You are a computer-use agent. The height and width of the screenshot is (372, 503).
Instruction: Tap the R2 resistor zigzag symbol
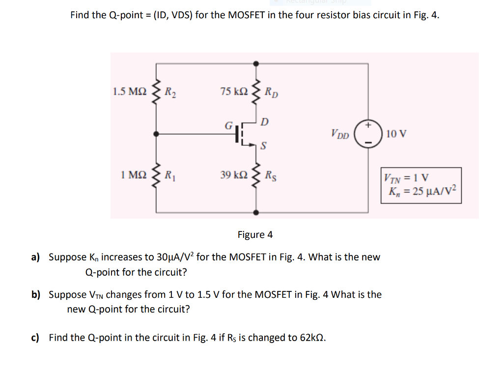click(x=157, y=91)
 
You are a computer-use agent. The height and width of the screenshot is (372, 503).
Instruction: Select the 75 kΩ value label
click(x=234, y=91)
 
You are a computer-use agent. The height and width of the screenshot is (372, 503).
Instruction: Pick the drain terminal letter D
click(x=265, y=121)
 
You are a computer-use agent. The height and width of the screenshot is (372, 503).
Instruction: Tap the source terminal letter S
click(x=264, y=146)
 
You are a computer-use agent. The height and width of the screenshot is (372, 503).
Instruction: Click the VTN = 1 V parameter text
click(x=407, y=178)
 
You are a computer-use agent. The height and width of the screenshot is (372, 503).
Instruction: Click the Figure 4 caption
click(x=255, y=234)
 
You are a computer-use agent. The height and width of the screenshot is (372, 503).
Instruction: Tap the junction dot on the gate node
click(x=157, y=133)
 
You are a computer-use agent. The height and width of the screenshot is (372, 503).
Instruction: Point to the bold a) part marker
click(x=35, y=257)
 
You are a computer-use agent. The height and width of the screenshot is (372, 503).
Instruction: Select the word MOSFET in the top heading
click(x=247, y=15)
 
